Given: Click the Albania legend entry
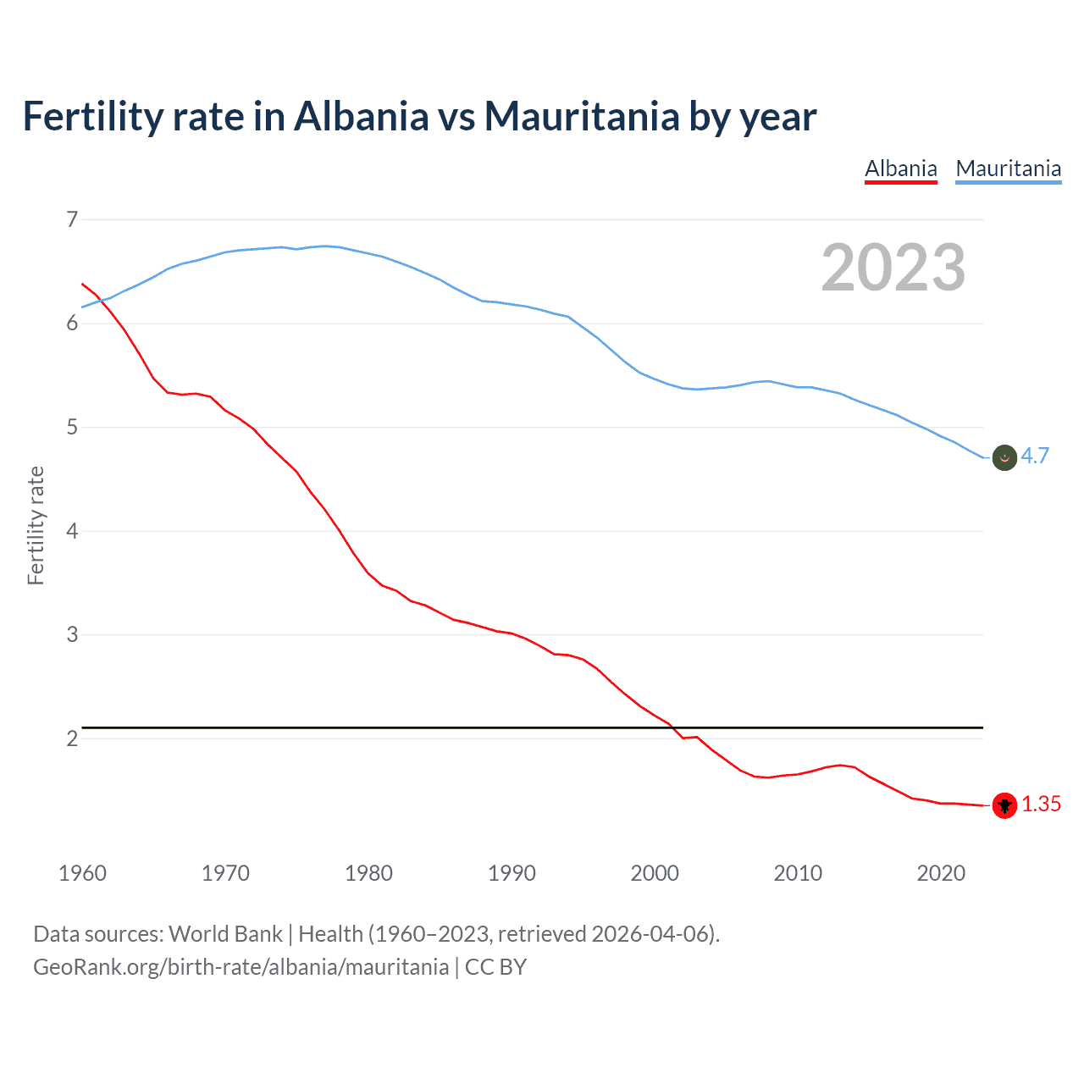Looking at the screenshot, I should click(x=900, y=169).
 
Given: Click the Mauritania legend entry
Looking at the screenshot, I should click(x=1008, y=169).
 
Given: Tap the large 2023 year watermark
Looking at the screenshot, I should click(x=893, y=268).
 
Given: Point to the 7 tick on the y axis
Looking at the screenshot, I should click(x=72, y=220).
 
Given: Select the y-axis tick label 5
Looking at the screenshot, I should click(x=72, y=428).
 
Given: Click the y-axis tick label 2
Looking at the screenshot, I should click(x=72, y=738).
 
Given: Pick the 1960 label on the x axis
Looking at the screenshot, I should click(x=82, y=873).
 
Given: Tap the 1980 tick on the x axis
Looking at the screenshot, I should click(x=368, y=873).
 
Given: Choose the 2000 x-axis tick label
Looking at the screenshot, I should click(x=655, y=873).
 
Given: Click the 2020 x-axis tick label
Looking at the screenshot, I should click(x=941, y=873).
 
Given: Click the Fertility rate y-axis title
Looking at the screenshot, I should click(x=36, y=525).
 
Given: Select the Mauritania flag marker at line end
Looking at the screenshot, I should click(x=1004, y=457).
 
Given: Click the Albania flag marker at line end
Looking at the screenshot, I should click(x=1004, y=805).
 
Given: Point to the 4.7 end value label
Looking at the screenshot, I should click(x=1035, y=456).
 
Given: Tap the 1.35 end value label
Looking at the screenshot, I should click(x=1041, y=805).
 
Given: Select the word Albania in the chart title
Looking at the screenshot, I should click(x=361, y=117).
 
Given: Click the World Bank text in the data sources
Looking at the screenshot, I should click(x=225, y=934).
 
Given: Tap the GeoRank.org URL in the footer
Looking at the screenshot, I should click(x=241, y=967).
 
